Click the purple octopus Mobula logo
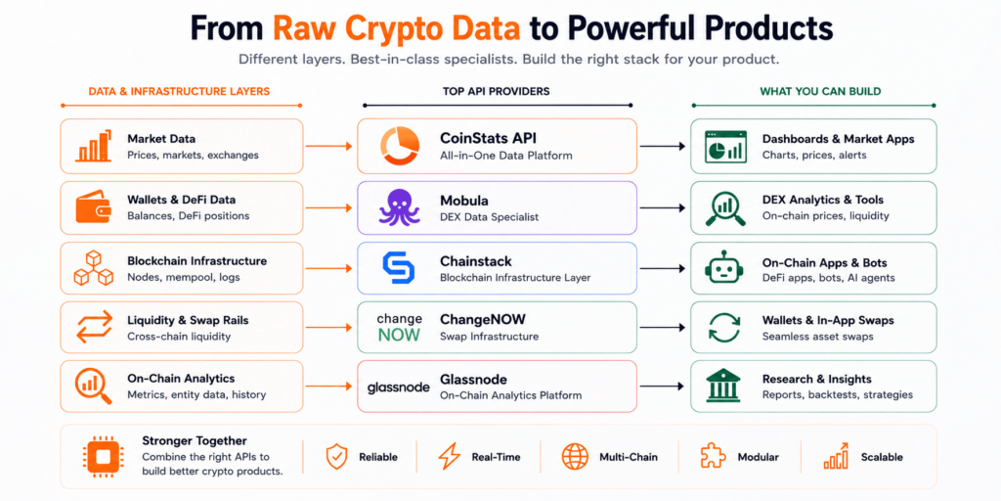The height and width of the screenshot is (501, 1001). pyautogui.click(x=400, y=207)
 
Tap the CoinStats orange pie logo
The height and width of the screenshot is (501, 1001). pyautogui.click(x=400, y=147)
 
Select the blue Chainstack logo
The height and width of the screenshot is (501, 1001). pyautogui.click(x=399, y=268)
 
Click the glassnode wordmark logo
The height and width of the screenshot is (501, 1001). pyautogui.click(x=399, y=387)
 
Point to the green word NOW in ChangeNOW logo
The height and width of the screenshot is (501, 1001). pyautogui.click(x=399, y=335)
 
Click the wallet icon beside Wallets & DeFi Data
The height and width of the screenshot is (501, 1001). pyautogui.click(x=93, y=207)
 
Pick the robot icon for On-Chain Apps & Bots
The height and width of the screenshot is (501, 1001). pyautogui.click(x=724, y=268)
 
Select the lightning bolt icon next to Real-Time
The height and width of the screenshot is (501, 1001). pyautogui.click(x=449, y=457)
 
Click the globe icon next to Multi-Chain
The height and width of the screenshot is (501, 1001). pyautogui.click(x=575, y=457)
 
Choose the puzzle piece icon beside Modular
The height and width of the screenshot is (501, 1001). pyautogui.click(x=714, y=457)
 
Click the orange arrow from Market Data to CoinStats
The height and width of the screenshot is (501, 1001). pyautogui.click(x=328, y=147)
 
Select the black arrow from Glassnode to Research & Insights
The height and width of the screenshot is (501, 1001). pyautogui.click(x=663, y=387)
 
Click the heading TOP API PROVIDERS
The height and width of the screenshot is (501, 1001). pyautogui.click(x=496, y=91)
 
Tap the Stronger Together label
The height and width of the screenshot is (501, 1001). pyautogui.click(x=195, y=441)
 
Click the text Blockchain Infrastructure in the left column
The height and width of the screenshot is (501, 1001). pyautogui.click(x=197, y=260)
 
